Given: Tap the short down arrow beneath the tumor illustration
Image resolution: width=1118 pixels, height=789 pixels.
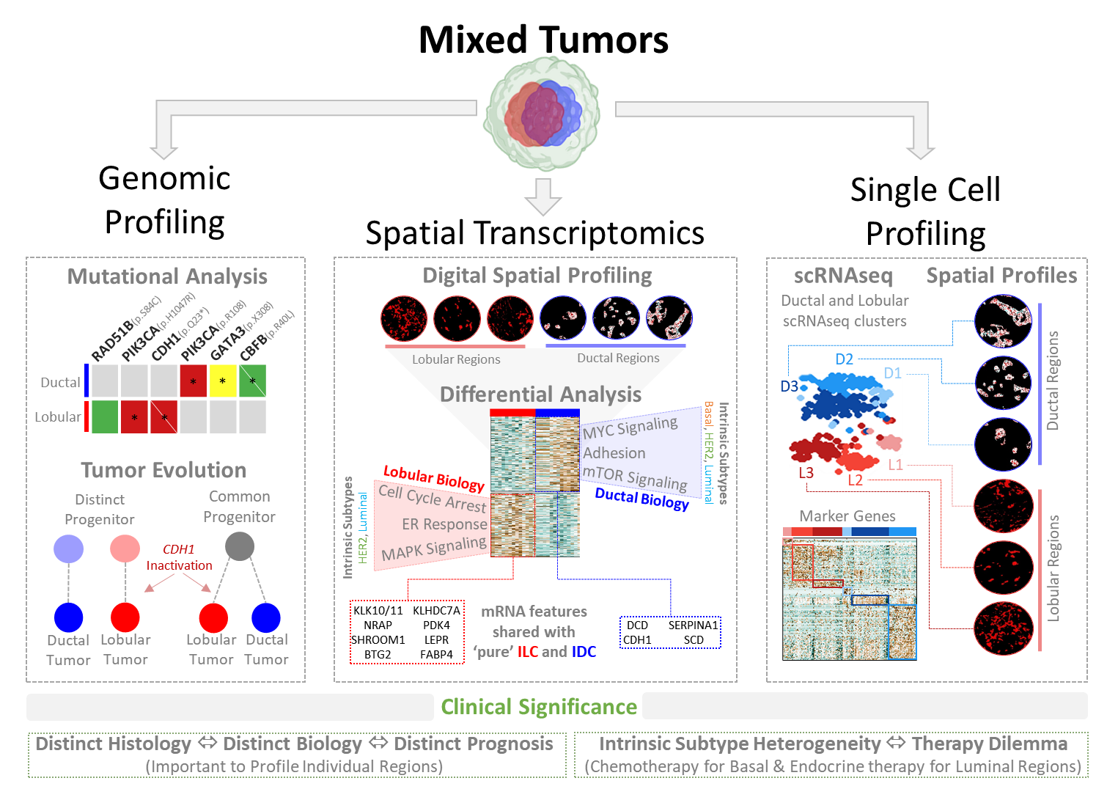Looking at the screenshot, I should click(x=543, y=197).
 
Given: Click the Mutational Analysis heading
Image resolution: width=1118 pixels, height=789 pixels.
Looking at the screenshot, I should click(x=167, y=276).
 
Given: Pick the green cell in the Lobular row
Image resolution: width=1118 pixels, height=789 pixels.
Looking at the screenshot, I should click(x=105, y=416).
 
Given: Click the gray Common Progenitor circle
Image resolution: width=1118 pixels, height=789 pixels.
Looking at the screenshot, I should click(x=239, y=546).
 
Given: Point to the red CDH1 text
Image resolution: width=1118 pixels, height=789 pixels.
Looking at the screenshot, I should click(x=178, y=549).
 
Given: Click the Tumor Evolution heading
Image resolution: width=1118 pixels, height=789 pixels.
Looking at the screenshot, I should click(x=163, y=470).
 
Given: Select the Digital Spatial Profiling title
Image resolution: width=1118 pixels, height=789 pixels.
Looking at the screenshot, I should click(x=537, y=276).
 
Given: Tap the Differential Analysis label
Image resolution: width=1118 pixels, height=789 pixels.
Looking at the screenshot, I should click(x=540, y=394).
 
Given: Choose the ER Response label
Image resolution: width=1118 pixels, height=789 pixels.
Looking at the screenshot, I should click(x=444, y=524).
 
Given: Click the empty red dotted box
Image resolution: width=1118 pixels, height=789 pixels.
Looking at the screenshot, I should click(x=407, y=631).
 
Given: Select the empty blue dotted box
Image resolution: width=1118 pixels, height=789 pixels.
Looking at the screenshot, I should click(x=670, y=632).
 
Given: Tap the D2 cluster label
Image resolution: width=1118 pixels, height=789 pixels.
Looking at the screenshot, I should click(x=844, y=359).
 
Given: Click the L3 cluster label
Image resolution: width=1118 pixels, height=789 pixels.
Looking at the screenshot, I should click(x=806, y=473).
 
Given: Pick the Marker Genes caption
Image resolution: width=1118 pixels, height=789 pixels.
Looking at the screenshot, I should click(x=847, y=516).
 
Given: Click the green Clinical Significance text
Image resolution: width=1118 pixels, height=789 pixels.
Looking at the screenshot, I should click(x=539, y=707).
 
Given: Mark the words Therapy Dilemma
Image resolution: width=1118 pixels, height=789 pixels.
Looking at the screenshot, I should click(x=989, y=744).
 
